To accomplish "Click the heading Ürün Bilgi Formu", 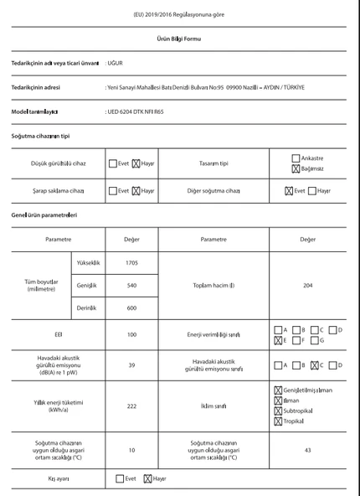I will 179,39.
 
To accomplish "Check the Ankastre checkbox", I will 296,158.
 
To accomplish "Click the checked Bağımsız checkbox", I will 296,168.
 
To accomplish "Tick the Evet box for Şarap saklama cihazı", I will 112,190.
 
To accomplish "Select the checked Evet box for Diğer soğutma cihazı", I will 289,190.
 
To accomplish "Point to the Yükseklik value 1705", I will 131,263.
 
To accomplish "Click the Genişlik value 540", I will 131,286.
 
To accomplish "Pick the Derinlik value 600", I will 131,308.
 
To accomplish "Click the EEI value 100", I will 131,334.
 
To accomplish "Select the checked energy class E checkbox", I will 278,340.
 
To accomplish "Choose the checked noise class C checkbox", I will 314,364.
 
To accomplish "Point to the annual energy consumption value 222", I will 131,406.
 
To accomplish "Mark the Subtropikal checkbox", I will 278,411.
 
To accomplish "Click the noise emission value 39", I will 131,364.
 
